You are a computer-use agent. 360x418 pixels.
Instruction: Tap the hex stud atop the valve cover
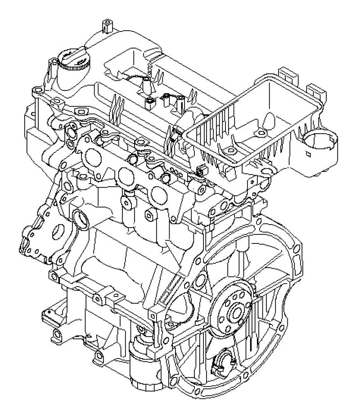click(107, 26)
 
